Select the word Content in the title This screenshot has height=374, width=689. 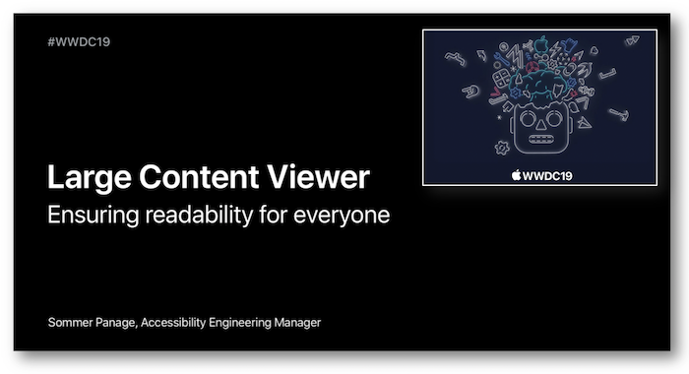[x=193, y=178]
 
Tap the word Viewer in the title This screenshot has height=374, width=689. [x=316, y=178]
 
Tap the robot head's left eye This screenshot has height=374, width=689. [x=525, y=122]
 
